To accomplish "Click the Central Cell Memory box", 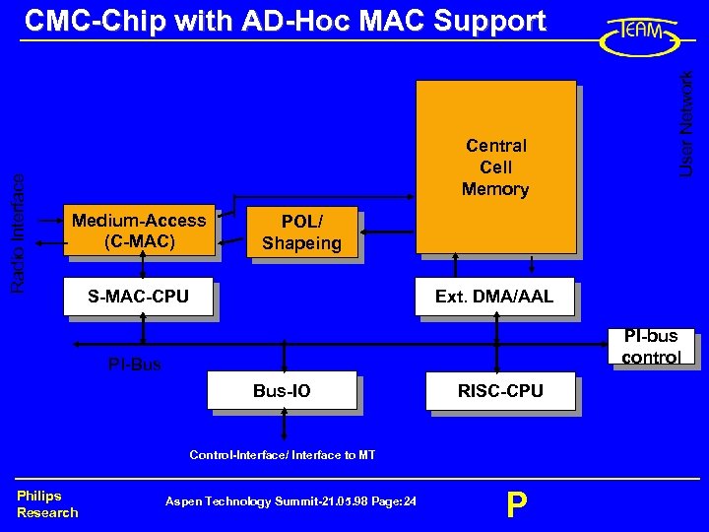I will pyautogui.click(x=495, y=166).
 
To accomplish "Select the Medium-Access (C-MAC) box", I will pyautogui.click(x=139, y=231).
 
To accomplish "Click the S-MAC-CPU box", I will pyautogui.click(x=138, y=296).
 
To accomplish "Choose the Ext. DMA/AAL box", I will pyautogui.click(x=494, y=297).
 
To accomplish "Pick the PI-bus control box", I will pyautogui.click(x=651, y=347).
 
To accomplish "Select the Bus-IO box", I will pyautogui.click(x=282, y=391).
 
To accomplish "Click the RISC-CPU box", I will pyautogui.click(x=500, y=391).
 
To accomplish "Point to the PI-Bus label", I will pyautogui.click(x=135, y=366).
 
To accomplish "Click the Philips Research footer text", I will pyautogui.click(x=46, y=503).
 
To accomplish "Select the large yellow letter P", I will pyautogui.click(x=516, y=504).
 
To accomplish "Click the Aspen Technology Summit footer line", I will pyautogui.click(x=290, y=501).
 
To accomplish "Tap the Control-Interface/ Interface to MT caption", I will pyautogui.click(x=282, y=454).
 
